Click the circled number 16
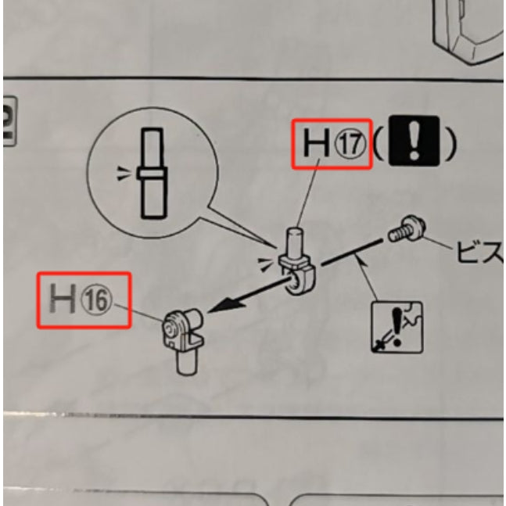(102, 300)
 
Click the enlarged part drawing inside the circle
(152, 174)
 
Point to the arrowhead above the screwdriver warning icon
(364, 269)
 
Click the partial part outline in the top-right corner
(468, 27)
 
